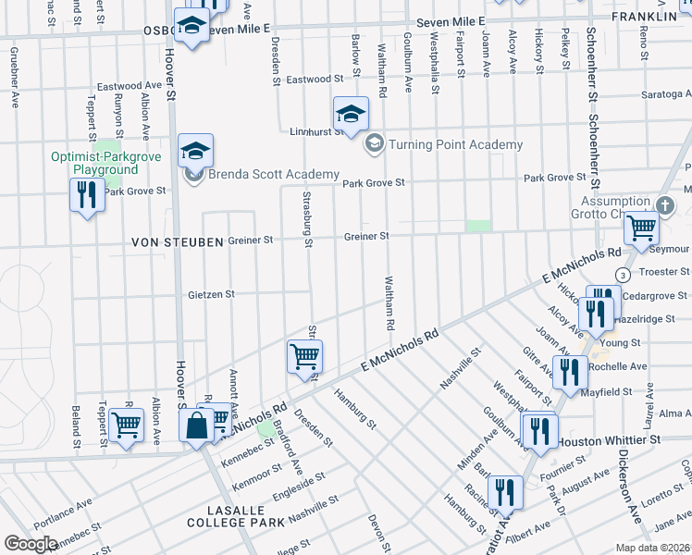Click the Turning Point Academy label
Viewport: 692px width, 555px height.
tap(455, 144)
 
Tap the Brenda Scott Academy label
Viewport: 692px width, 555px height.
tap(261, 176)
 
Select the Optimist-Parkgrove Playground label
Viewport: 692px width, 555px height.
tap(106, 163)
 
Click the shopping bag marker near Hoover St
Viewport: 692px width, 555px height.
tap(197, 425)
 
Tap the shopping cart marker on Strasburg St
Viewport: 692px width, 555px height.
tap(304, 355)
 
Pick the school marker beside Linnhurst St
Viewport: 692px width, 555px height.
tap(351, 115)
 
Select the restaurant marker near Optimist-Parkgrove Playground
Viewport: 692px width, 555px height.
tap(87, 195)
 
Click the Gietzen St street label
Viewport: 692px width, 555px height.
tap(212, 294)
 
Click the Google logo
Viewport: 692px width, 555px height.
tap(31, 544)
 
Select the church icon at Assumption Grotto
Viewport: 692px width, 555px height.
tap(662, 204)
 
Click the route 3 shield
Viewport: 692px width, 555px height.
tap(624, 276)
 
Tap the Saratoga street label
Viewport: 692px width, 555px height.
tap(670, 94)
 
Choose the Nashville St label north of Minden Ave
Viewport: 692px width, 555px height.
tap(460, 366)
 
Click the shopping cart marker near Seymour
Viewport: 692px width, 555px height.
tap(640, 227)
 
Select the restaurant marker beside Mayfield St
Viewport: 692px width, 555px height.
tap(568, 372)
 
